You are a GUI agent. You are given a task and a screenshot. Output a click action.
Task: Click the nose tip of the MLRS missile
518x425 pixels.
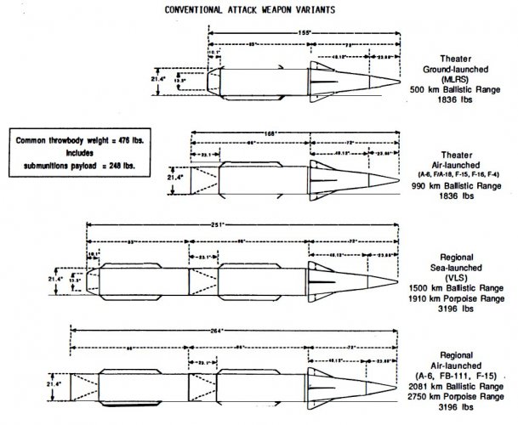click(399, 81)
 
